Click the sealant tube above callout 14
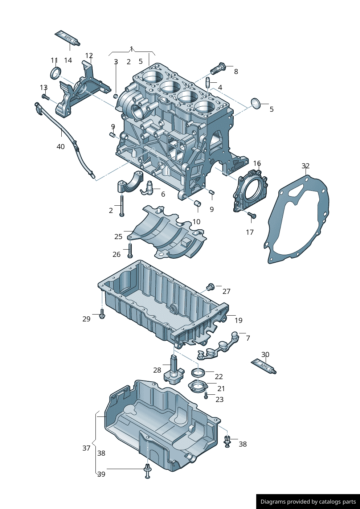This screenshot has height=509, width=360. click(67, 38)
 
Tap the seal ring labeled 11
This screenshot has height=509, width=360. click(56, 73)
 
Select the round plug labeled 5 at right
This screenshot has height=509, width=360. click(256, 103)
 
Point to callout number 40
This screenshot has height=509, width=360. click(61, 147)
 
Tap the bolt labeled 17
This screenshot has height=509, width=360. click(252, 215)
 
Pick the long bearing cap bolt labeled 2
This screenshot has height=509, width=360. click(122, 206)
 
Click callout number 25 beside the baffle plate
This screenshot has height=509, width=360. click(118, 237)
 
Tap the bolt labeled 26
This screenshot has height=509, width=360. click(130, 250)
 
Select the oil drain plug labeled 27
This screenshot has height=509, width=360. click(210, 287)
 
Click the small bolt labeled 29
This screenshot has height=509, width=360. click(102, 314)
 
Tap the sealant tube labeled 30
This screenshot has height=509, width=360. click(263, 366)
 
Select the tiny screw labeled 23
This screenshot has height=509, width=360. click(206, 395)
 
